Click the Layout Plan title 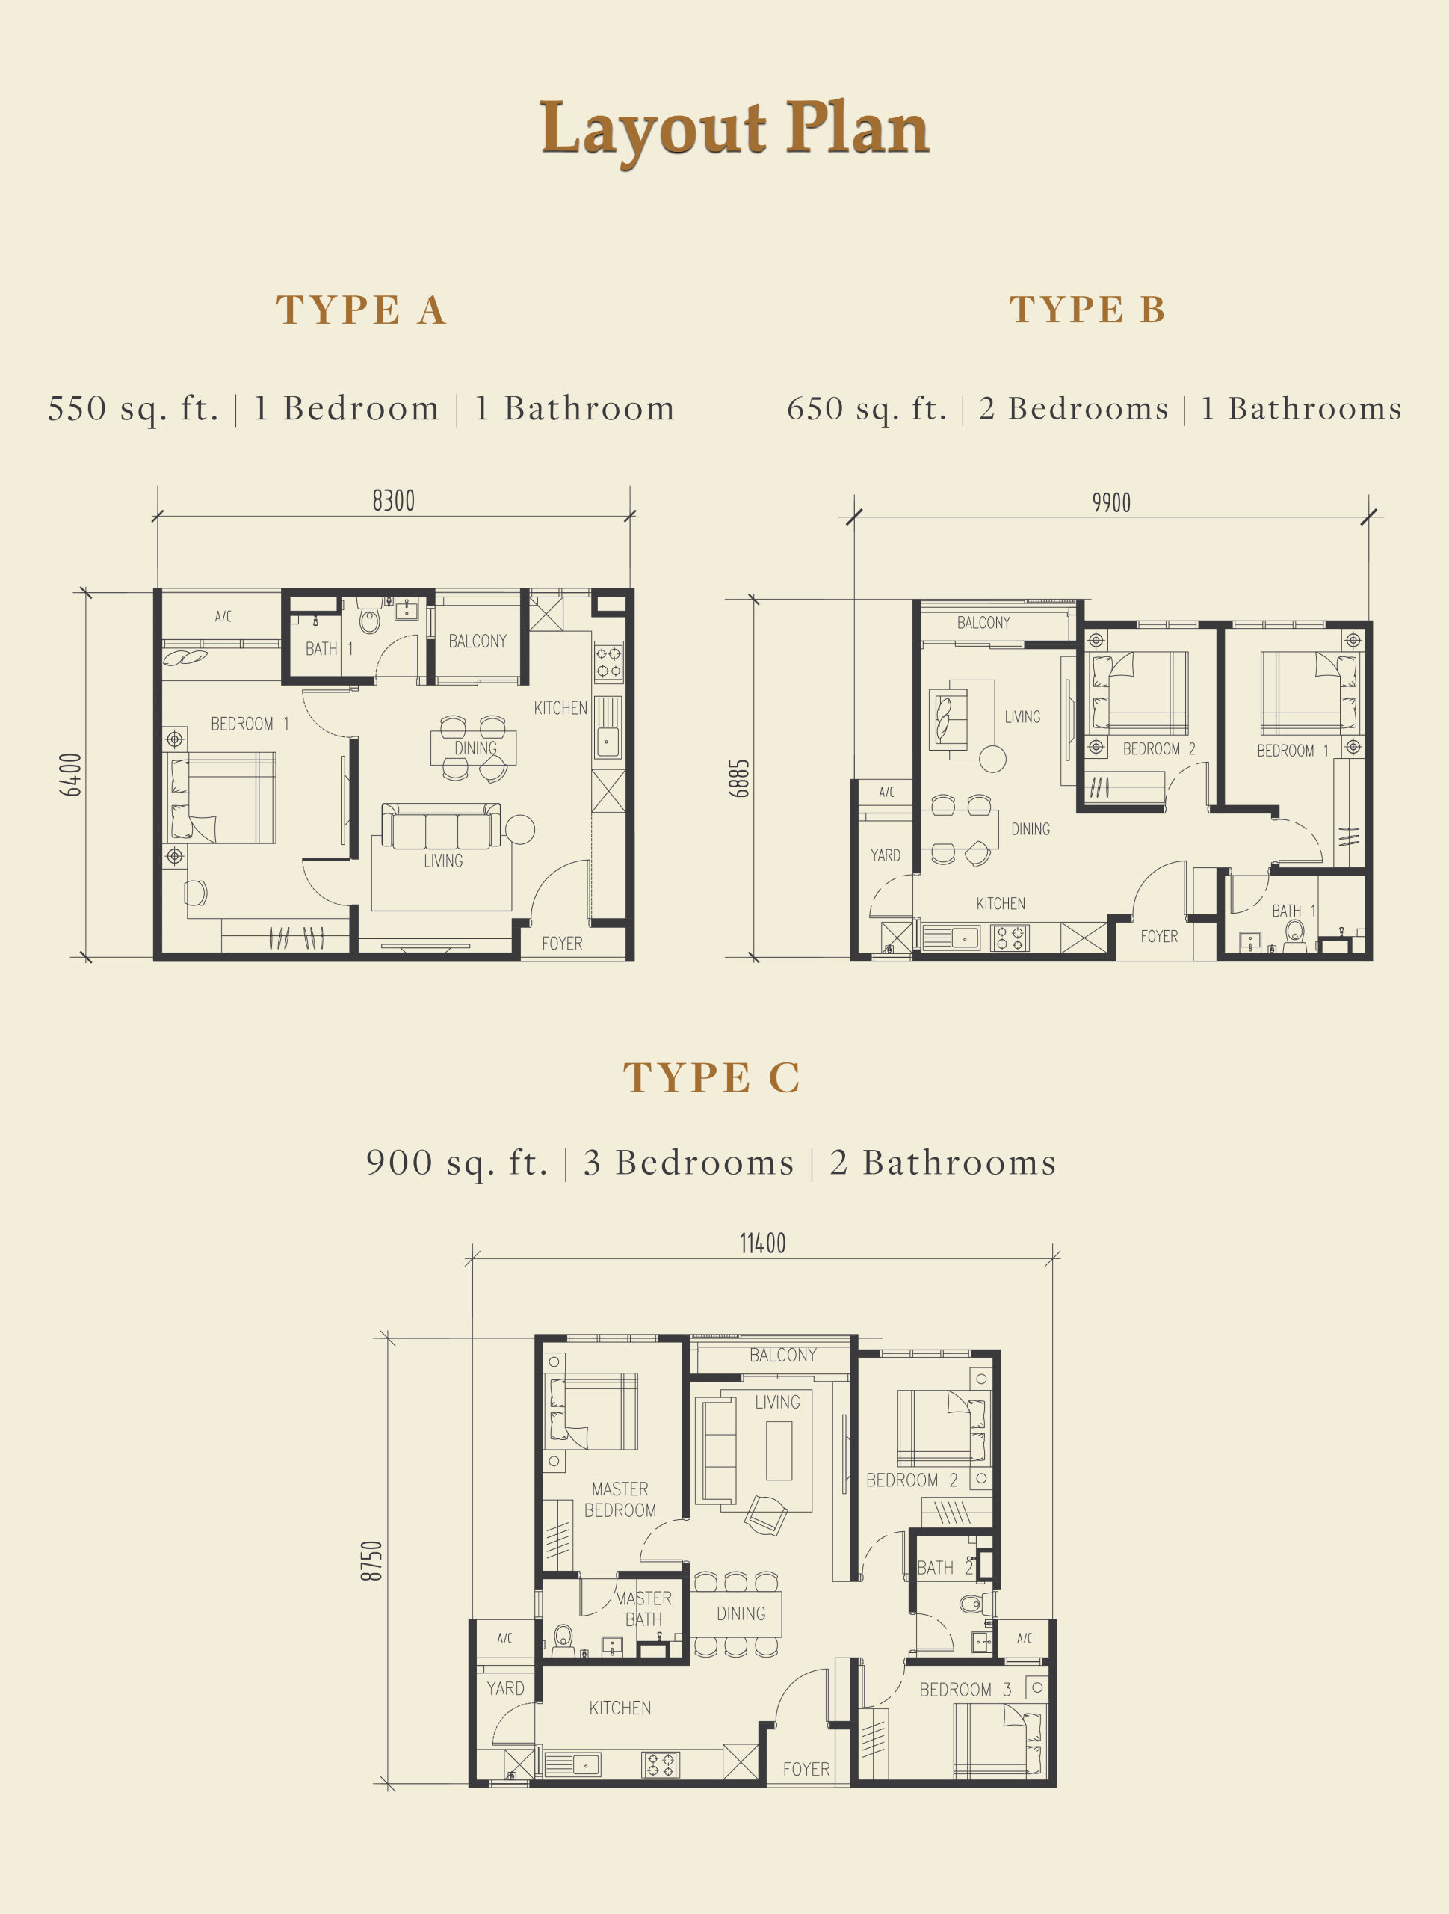pyautogui.click(x=735, y=130)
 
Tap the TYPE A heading pyautogui.click(x=362, y=310)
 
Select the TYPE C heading pyautogui.click(x=712, y=1077)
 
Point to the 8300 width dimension pyautogui.click(x=394, y=501)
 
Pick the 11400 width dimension pyautogui.click(x=762, y=1243)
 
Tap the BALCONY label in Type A pyautogui.click(x=478, y=641)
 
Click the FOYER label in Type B pyautogui.click(x=1159, y=936)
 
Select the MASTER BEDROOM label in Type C pyautogui.click(x=620, y=1500)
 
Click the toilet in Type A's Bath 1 pyautogui.click(x=369, y=621)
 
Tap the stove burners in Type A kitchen pyautogui.click(x=608, y=662)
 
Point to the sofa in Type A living pyautogui.click(x=441, y=826)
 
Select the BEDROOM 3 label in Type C pyautogui.click(x=966, y=1690)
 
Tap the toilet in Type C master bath pyautogui.click(x=563, y=1638)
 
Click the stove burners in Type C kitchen pyautogui.click(x=660, y=1764)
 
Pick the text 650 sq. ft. pyautogui.click(x=866, y=408)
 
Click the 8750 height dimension pyautogui.click(x=371, y=1561)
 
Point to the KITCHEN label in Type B pyautogui.click(x=1001, y=903)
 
